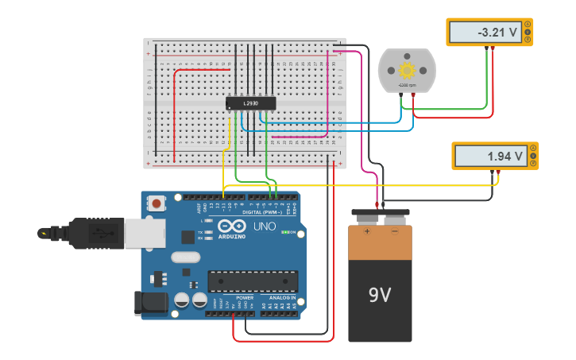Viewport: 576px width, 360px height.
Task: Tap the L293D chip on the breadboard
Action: (x=251, y=103)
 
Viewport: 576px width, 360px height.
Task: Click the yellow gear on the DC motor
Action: (x=408, y=70)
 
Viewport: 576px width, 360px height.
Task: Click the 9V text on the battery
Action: (x=380, y=296)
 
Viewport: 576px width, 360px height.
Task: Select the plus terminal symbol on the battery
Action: (x=366, y=233)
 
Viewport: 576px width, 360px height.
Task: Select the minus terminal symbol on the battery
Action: (x=395, y=233)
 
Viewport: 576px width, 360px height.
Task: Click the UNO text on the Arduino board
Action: (x=265, y=226)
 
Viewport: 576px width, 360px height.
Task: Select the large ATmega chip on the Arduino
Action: (x=253, y=281)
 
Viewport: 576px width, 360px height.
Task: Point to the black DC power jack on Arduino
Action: (x=153, y=302)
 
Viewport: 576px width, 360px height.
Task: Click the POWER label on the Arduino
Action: (x=245, y=297)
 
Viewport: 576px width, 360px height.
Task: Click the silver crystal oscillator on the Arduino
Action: (x=185, y=257)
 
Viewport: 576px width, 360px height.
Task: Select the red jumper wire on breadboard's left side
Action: (x=176, y=111)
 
